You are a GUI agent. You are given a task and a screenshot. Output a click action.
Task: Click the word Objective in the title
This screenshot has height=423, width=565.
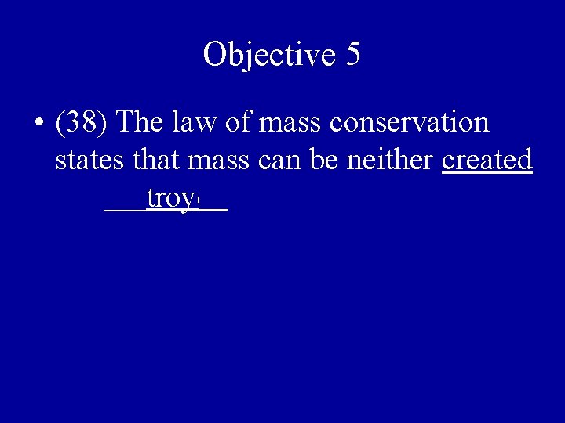pos(267,54)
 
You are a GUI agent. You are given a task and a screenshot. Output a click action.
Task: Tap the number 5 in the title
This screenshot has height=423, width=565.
pos(352,54)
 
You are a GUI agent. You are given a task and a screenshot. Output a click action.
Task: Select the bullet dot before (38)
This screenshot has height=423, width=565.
pos(38,124)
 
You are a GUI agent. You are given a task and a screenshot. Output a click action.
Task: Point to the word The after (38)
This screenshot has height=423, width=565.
pos(142,123)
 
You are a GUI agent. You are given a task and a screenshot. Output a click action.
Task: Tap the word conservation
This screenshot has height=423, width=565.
pos(410,123)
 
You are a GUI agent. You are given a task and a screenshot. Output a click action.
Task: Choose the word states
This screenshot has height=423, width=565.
pos(87,161)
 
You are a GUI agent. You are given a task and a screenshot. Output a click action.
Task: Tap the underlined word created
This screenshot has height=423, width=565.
pos(487,161)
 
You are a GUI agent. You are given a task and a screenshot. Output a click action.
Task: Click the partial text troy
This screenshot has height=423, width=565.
pos(170,200)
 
